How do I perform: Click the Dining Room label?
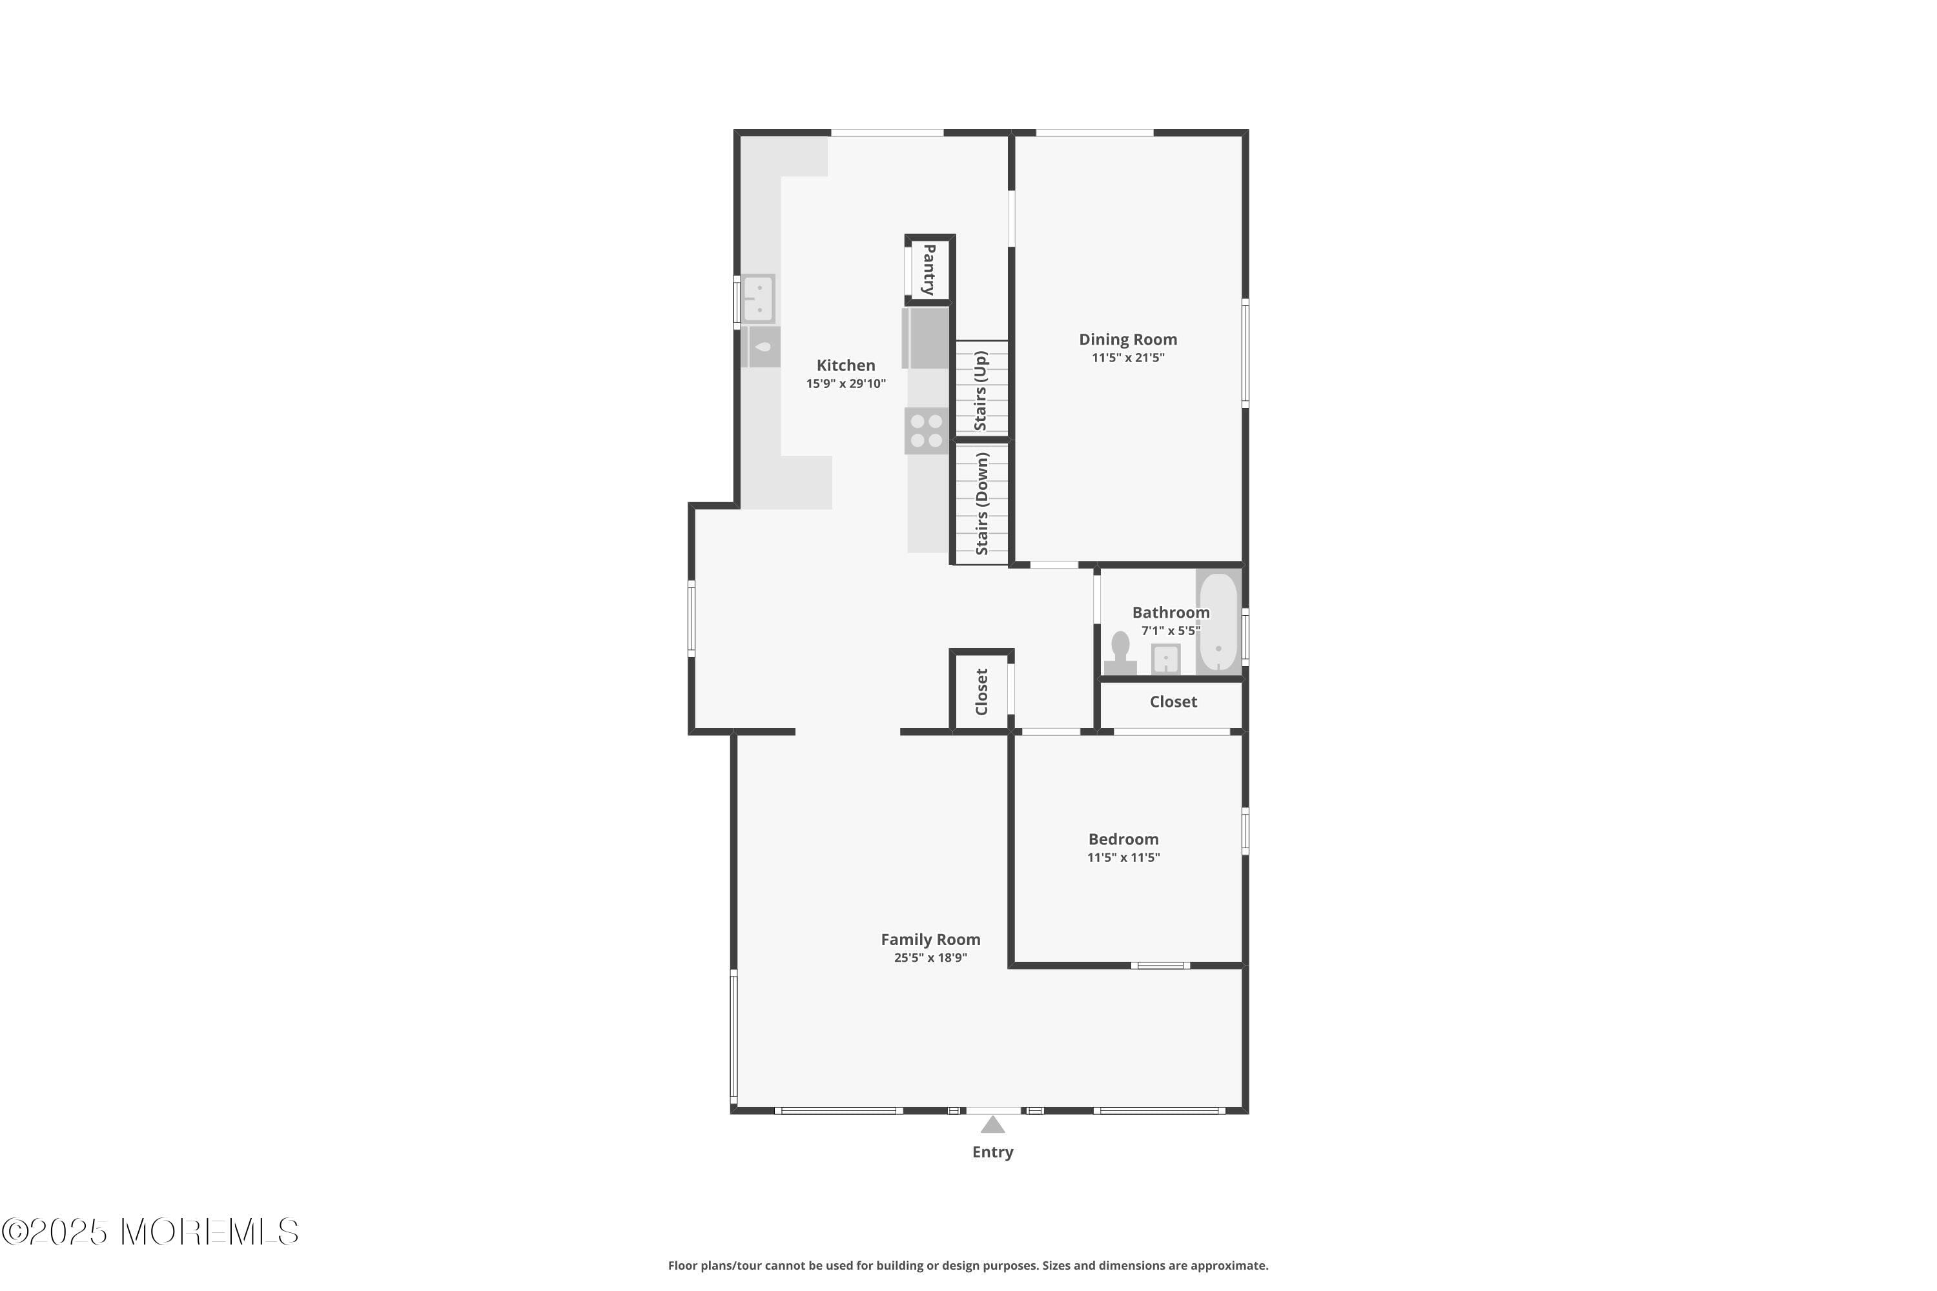coord(1127,340)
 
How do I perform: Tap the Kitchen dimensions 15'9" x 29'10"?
coord(845,383)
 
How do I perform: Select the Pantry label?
coord(929,269)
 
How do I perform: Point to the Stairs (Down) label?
coord(981,503)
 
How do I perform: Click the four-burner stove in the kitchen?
coord(926,431)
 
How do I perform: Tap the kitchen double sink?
coord(757,298)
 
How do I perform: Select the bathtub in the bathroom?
coord(1217,622)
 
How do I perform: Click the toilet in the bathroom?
coord(1120,652)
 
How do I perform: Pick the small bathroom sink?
coord(1165,658)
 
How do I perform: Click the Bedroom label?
coord(1123,839)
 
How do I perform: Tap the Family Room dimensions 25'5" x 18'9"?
coord(930,957)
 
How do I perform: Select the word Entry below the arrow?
coord(992,1152)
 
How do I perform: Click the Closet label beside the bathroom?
coord(1173,702)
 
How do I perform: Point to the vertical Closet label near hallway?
coord(981,691)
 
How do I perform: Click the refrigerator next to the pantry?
coord(927,338)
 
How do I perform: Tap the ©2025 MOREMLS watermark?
coord(150,1232)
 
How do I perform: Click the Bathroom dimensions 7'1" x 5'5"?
coord(1169,631)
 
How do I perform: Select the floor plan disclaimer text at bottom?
coord(968,1265)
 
